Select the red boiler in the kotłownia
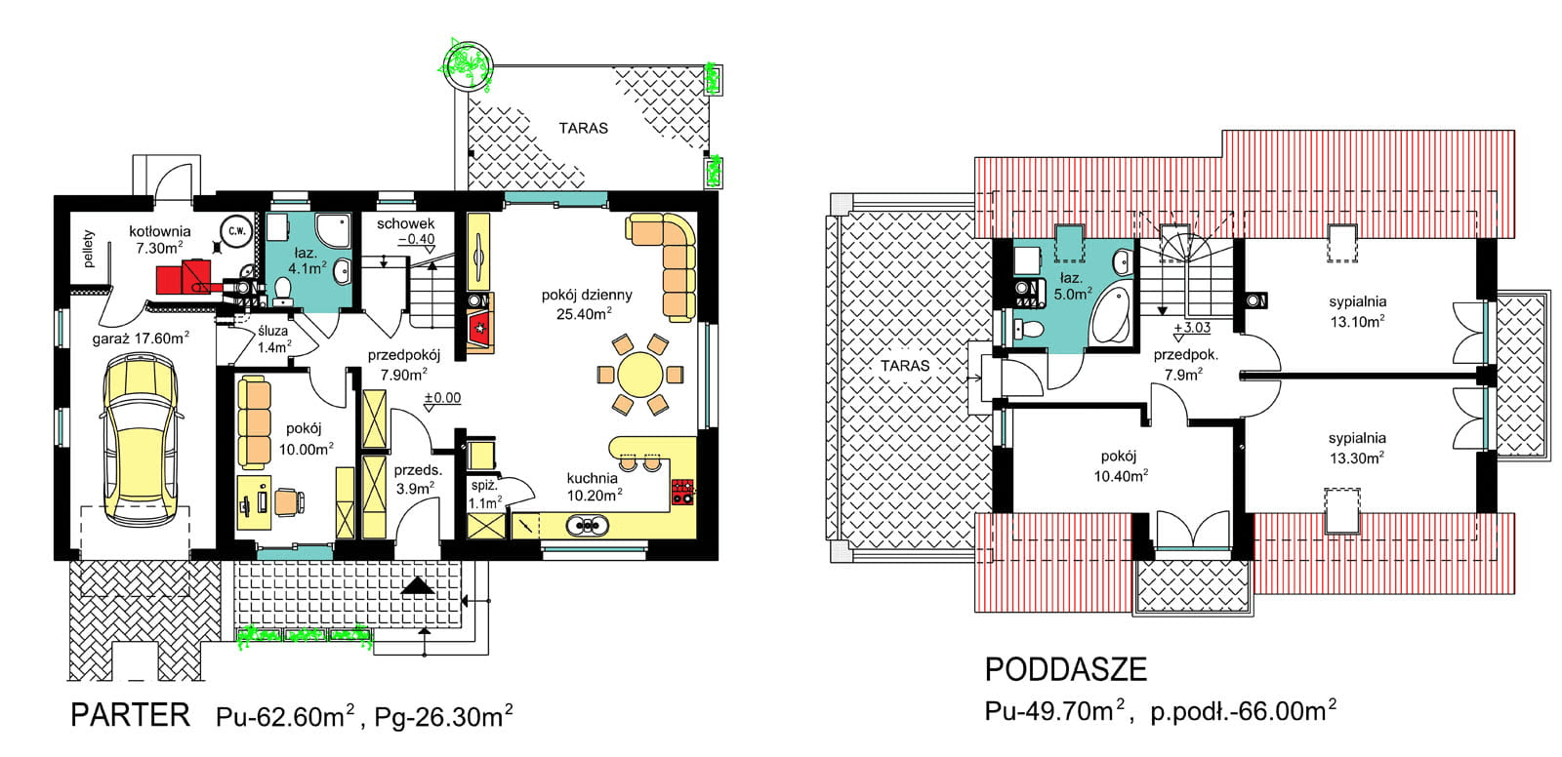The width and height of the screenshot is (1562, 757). click(x=183, y=276)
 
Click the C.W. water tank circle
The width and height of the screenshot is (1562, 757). click(x=236, y=231)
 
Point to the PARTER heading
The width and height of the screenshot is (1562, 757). click(x=131, y=715)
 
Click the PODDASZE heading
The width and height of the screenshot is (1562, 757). click(x=1065, y=670)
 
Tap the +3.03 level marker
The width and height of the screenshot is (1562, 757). click(x=1192, y=327)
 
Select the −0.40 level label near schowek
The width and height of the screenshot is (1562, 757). click(x=416, y=239)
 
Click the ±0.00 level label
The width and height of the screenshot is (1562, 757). click(x=443, y=397)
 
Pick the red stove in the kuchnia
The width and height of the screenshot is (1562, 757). click(x=682, y=492)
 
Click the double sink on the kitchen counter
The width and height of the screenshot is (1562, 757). click(x=587, y=526)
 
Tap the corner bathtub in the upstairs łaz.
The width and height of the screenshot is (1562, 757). click(x=1111, y=314)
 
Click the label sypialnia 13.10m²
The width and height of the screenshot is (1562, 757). click(x=1357, y=311)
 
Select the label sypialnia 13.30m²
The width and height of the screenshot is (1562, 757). click(x=1356, y=448)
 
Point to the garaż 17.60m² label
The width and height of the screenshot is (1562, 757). click(x=141, y=339)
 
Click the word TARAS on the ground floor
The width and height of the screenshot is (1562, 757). click(x=583, y=128)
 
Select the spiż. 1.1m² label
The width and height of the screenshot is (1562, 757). click(x=484, y=494)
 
